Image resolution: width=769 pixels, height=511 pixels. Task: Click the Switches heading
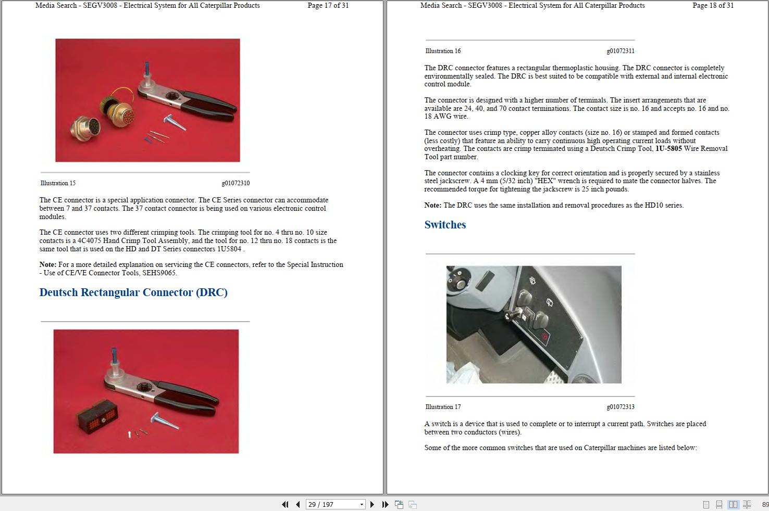tap(445, 225)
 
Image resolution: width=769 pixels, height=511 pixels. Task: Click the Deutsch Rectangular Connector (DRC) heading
tap(133, 292)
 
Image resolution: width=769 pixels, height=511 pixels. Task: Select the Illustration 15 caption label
tap(58, 183)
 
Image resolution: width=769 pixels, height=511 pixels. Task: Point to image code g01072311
tap(621, 51)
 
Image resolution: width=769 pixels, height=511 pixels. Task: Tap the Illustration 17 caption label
tap(443, 407)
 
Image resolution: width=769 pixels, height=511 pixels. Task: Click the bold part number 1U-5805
tap(668, 148)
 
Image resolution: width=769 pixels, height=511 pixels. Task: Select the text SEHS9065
tap(159, 273)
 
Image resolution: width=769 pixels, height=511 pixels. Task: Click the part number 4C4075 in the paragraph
tap(89, 241)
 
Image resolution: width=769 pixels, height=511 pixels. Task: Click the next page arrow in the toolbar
tap(372, 504)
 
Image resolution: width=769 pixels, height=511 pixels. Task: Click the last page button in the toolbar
tap(385, 504)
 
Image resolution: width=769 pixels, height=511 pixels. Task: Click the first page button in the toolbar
tap(285, 504)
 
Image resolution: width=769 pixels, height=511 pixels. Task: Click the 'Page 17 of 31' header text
tap(328, 6)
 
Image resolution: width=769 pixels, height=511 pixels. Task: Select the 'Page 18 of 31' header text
tap(713, 6)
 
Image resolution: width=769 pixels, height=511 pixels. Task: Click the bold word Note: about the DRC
tap(433, 206)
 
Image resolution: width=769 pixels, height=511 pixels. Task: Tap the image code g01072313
tap(621, 407)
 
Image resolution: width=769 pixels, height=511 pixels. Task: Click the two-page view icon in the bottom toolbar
tap(733, 504)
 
